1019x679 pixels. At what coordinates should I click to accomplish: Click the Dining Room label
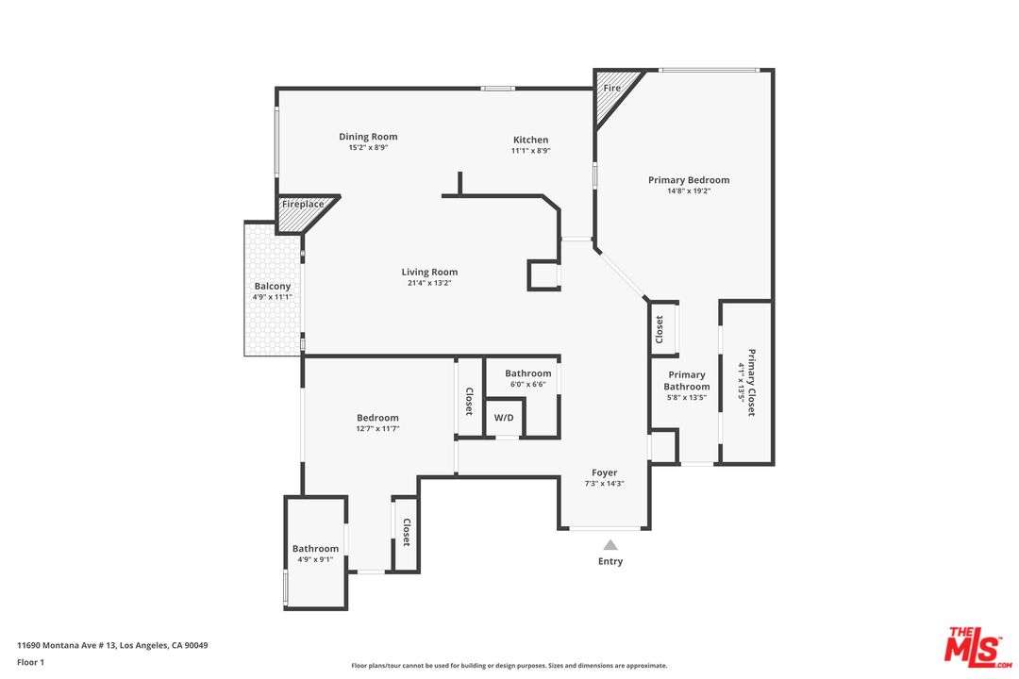pyautogui.click(x=368, y=137)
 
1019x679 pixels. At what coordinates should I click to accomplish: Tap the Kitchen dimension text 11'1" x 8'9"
pyautogui.click(x=531, y=151)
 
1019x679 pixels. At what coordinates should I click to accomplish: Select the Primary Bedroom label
pyautogui.click(x=689, y=180)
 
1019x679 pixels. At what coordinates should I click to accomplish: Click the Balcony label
pyautogui.click(x=273, y=286)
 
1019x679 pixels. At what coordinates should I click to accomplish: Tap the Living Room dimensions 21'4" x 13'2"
pyautogui.click(x=429, y=283)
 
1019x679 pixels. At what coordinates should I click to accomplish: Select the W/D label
pyautogui.click(x=504, y=418)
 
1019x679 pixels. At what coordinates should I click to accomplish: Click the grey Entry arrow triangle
pyautogui.click(x=610, y=545)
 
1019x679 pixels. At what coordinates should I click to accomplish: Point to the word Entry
pyautogui.click(x=610, y=561)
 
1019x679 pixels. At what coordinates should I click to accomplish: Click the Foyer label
pyautogui.click(x=605, y=472)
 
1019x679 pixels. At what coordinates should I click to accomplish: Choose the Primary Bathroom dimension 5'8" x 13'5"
pyautogui.click(x=687, y=398)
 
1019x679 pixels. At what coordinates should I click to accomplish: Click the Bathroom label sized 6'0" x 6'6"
pyautogui.click(x=527, y=373)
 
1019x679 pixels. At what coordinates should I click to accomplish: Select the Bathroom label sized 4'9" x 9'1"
pyautogui.click(x=315, y=549)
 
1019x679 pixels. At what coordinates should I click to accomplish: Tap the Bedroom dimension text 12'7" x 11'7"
pyautogui.click(x=377, y=429)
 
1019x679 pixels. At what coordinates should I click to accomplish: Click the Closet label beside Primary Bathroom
pyautogui.click(x=660, y=329)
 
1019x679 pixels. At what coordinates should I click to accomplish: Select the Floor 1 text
pyautogui.click(x=30, y=662)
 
